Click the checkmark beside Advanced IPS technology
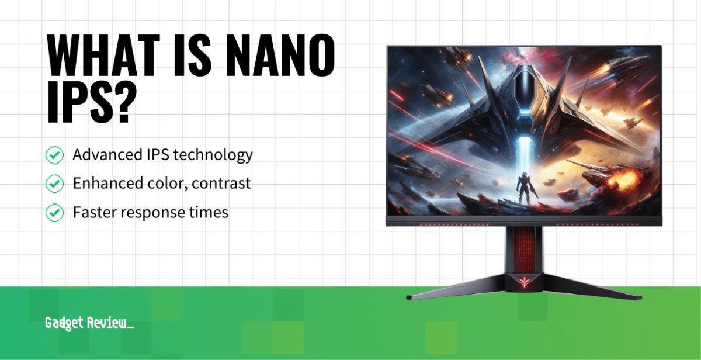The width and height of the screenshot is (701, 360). [x=54, y=155]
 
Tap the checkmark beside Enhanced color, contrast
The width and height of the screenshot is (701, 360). [x=54, y=184]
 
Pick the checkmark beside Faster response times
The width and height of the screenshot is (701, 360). [x=54, y=213]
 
